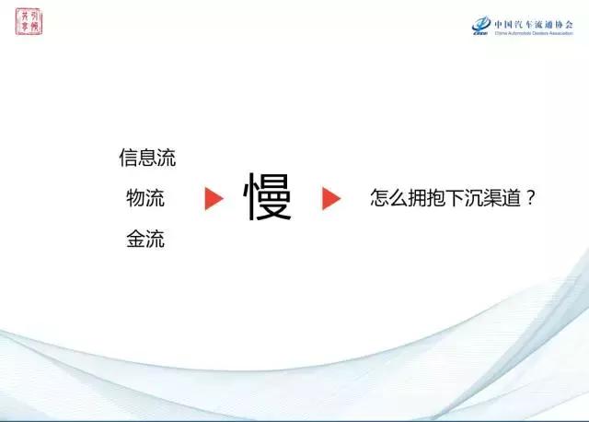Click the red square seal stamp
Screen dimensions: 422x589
coord(29,21)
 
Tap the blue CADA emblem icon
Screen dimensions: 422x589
coord(481,27)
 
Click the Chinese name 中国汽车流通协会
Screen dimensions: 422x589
coord(533,23)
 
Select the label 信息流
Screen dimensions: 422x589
coord(147,158)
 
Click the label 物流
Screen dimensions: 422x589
coord(145,198)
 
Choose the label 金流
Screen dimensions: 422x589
coord(145,240)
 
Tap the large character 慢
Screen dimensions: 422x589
coord(268,198)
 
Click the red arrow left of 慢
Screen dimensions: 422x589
coord(214,198)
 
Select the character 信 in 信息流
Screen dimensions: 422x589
coord(129,158)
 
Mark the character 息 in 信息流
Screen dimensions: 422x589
coord(147,158)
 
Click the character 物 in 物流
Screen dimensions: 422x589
coord(136,198)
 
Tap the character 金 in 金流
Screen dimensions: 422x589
coord(136,240)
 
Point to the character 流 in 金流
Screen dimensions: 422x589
coord(156,240)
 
